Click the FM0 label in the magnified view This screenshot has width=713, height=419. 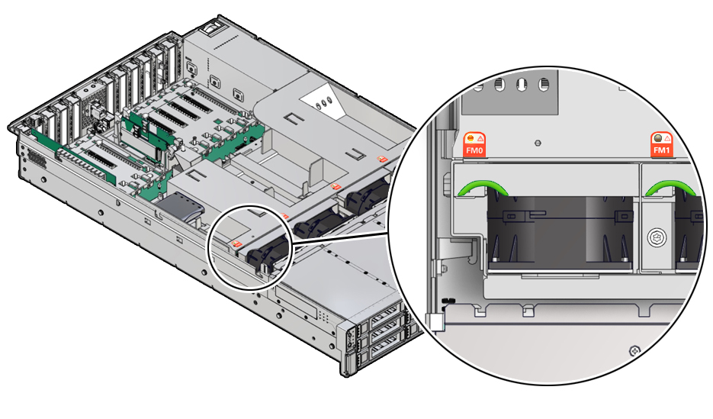click(475, 152)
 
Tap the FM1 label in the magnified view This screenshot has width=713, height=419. click(660, 152)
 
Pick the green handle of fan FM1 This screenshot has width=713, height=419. click(668, 187)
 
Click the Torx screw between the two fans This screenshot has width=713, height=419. click(653, 238)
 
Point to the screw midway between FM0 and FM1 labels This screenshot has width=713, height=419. click(538, 142)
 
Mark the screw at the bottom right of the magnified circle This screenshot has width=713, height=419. click(632, 350)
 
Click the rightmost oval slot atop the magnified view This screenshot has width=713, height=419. click(544, 84)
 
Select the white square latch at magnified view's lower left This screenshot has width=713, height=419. click(435, 323)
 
